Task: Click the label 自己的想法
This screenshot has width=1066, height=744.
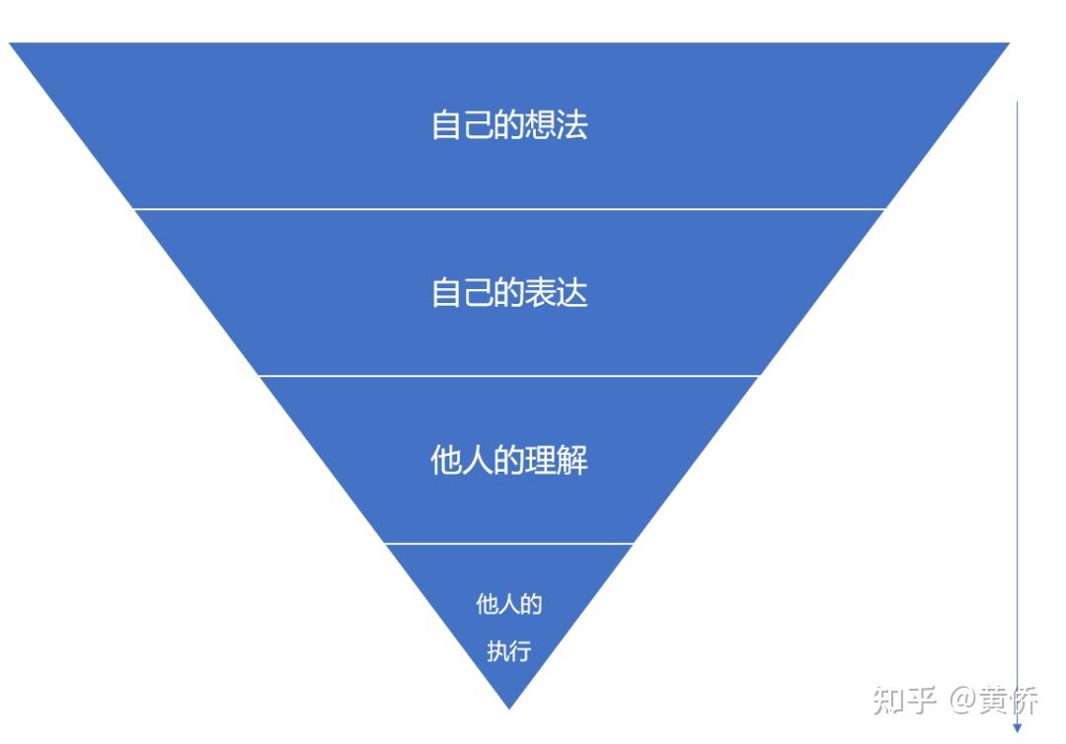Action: pyautogui.click(x=509, y=125)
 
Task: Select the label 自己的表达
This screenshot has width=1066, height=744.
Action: pyautogui.click(x=509, y=293)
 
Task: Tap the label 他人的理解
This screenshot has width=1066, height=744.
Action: pyautogui.click(x=509, y=461)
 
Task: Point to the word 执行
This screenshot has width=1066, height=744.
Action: pyautogui.click(x=509, y=652)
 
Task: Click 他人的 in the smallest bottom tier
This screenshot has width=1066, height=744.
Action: pyautogui.click(x=509, y=604)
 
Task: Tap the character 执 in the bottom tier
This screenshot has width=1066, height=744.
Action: pyautogui.click(x=497, y=652)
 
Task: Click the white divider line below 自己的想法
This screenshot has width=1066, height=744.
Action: pyautogui.click(x=509, y=209)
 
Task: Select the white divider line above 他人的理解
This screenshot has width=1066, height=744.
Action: pyautogui.click(x=509, y=376)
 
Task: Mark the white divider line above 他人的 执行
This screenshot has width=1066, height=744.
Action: pyautogui.click(x=509, y=544)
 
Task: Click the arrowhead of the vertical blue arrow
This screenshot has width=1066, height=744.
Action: pyautogui.click(x=1018, y=728)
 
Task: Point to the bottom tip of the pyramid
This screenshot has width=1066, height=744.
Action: pyautogui.click(x=509, y=707)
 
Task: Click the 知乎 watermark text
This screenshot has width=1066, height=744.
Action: pyautogui.click(x=904, y=702)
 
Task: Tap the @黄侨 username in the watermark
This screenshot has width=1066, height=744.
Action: pyautogui.click(x=994, y=702)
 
